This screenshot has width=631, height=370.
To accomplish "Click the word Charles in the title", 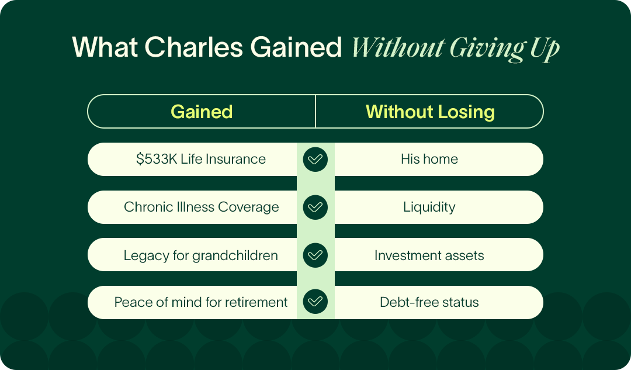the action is [194, 47].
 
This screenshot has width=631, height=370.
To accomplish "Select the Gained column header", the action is [202, 112].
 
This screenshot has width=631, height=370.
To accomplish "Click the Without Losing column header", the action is [430, 112].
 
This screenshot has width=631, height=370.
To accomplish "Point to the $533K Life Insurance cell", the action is [192, 159].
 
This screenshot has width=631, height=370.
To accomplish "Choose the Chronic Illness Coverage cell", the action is [192, 207].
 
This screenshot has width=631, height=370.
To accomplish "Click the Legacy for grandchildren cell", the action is [192, 255].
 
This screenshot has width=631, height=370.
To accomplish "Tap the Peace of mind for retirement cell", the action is [192, 302].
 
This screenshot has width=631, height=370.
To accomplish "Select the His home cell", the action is [439, 159].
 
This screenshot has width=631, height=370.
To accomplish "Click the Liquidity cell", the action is [439, 207].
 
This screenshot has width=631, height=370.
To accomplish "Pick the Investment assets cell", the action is [439, 255].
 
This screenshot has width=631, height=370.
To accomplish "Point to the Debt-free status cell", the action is [439, 302].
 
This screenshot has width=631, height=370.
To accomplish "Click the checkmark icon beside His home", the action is [315, 160].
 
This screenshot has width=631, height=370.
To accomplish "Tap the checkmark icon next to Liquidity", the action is [315, 208].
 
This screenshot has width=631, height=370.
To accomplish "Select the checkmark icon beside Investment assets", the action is [315, 255].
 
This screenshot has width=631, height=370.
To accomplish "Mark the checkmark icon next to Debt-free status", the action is [315, 302].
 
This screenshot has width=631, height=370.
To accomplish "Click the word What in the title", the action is [105, 47].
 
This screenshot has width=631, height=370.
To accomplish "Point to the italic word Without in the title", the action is [398, 48].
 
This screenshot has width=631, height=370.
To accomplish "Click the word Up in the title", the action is [545, 50].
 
